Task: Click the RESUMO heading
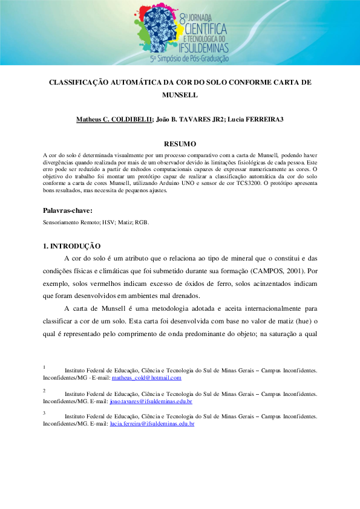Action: pyautogui.click(x=180, y=144)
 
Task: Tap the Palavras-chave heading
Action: pyautogui.click(x=68, y=210)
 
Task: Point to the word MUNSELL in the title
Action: pyautogui.click(x=180, y=95)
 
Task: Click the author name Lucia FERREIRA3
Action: pyautogui.click(x=255, y=119)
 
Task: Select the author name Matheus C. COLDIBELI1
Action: pyautogui.click(x=114, y=119)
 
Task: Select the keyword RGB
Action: pyautogui.click(x=140, y=222)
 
